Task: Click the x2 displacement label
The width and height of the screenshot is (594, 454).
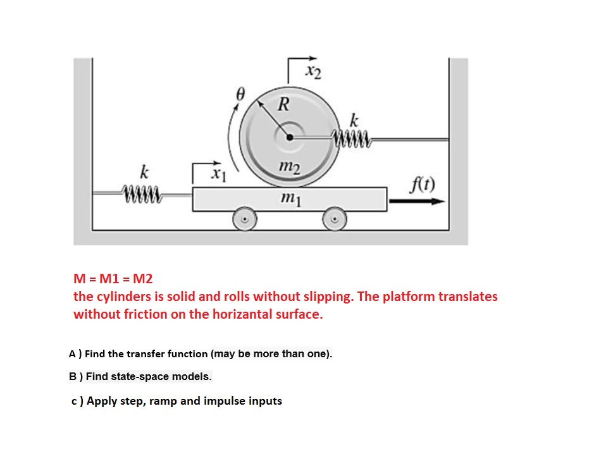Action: tap(312, 72)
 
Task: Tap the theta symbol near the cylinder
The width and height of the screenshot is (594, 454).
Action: tap(240, 94)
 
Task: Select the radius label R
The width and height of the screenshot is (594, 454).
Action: tap(284, 104)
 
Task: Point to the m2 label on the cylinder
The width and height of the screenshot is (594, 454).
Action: tap(289, 165)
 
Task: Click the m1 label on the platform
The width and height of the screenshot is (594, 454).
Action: tap(290, 199)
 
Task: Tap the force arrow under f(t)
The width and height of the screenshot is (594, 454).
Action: tap(418, 201)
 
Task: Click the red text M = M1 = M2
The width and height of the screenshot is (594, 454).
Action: tap(113, 278)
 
